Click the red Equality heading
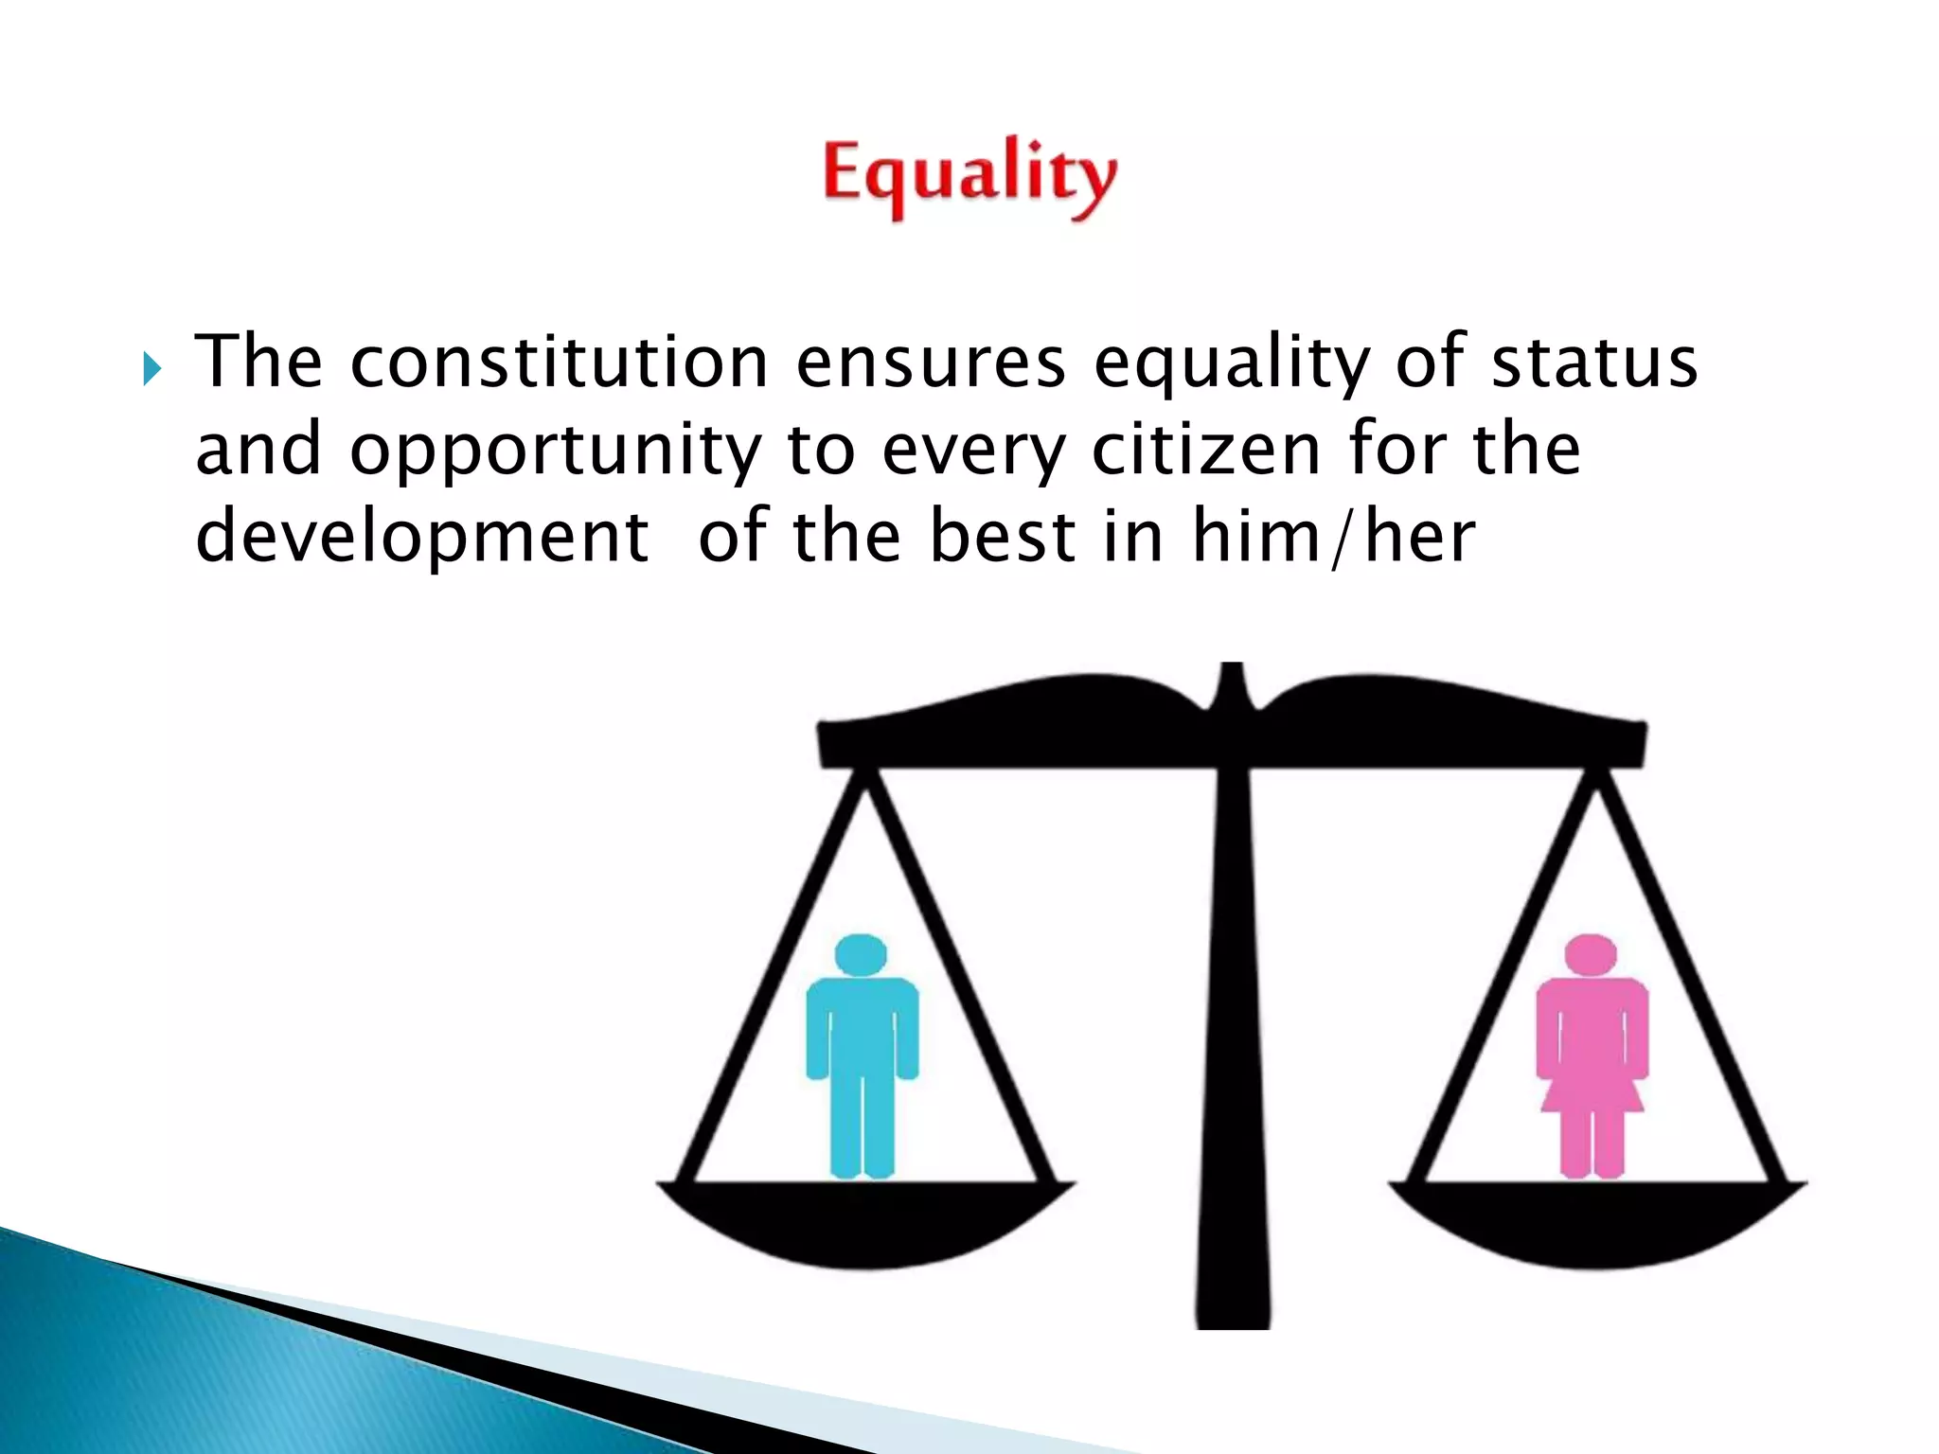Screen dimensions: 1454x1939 969,177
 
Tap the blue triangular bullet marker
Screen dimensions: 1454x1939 152,368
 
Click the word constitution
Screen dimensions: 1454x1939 559,362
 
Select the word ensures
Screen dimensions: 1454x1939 931,363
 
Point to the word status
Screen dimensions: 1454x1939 1594,363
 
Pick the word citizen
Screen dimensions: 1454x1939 1206,450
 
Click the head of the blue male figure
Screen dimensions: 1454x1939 862,954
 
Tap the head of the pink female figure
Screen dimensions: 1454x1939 1591,954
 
